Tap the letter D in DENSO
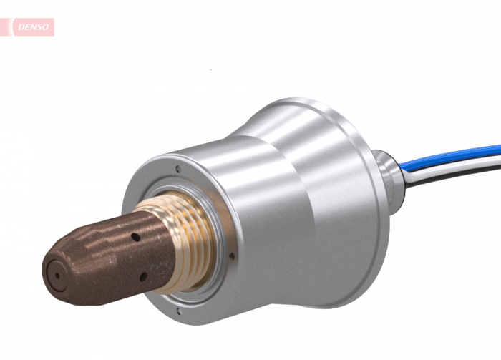(20, 28)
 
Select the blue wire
(458, 157)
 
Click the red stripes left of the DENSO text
(6, 27)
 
